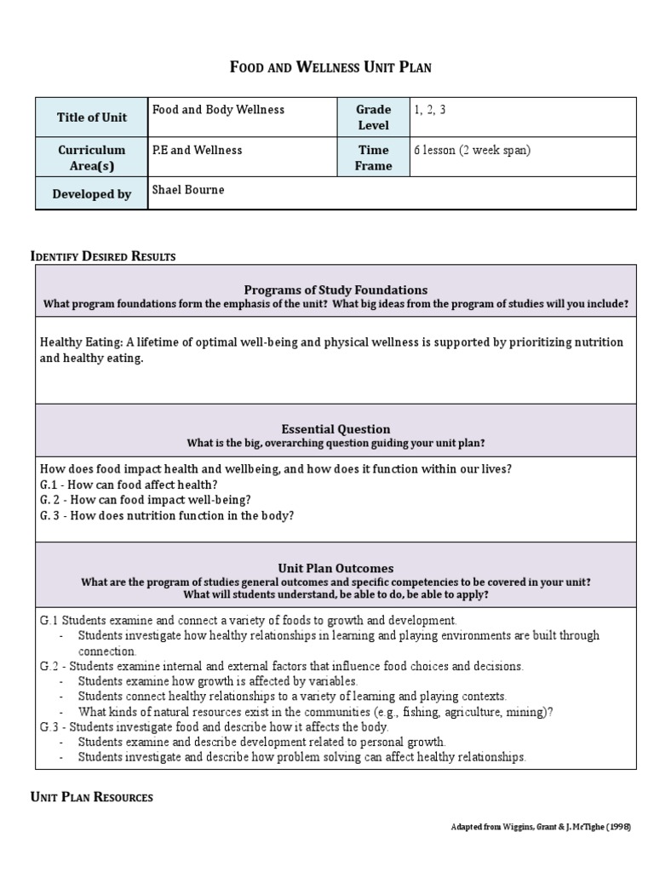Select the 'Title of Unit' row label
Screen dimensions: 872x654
point(92,118)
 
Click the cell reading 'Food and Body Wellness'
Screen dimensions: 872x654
point(218,110)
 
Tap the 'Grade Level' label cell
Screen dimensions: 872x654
point(373,118)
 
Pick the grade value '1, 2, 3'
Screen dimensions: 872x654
point(430,110)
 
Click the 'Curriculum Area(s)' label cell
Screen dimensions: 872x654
point(92,158)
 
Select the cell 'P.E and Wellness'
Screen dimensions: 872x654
point(197,150)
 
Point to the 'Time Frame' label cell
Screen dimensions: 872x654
point(373,158)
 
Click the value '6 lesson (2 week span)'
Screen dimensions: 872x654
point(472,150)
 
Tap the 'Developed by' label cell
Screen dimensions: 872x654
point(92,194)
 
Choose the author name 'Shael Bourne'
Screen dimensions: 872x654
point(188,189)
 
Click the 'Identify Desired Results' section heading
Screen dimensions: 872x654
point(103,256)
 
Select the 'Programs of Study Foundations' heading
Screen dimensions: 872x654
point(336,290)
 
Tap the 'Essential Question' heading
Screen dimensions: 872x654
point(336,429)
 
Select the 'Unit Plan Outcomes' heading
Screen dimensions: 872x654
point(336,568)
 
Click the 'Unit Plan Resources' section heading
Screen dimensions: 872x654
point(92,797)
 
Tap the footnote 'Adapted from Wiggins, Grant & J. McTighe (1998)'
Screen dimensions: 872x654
point(541,827)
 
